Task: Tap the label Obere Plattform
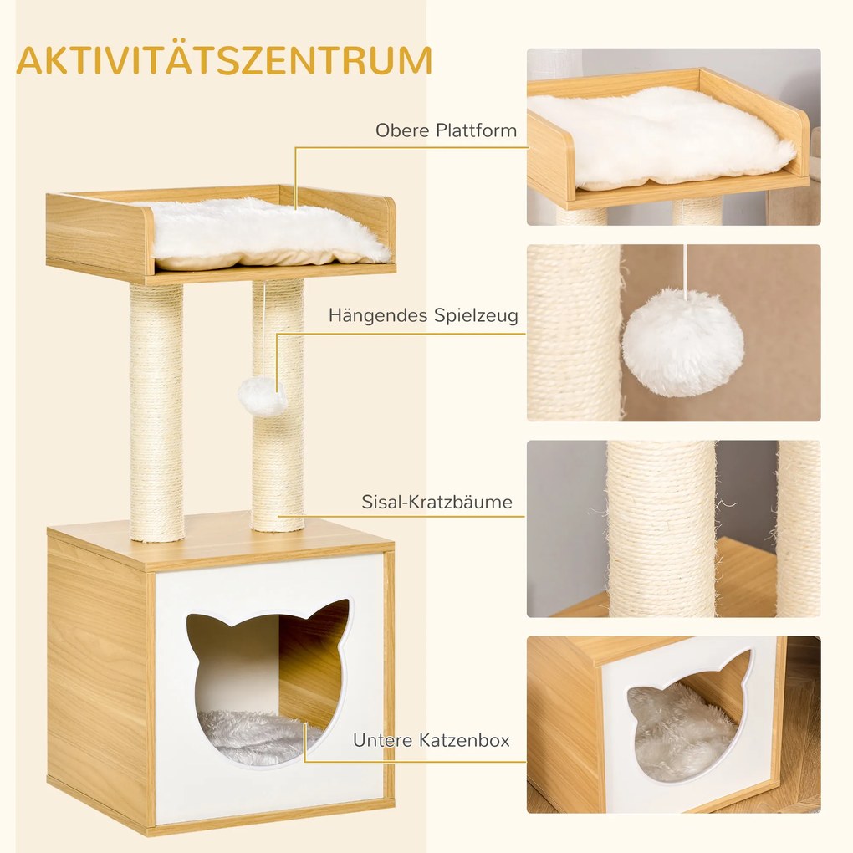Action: tap(445, 130)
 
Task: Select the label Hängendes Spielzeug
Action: tap(422, 315)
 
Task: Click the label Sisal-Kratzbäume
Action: tap(437, 503)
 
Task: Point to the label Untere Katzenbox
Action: tap(431, 740)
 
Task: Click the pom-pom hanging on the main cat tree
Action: tap(263, 396)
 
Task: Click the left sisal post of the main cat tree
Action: tap(156, 410)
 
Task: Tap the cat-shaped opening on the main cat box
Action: tap(266, 677)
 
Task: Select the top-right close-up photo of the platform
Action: tap(673, 136)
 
